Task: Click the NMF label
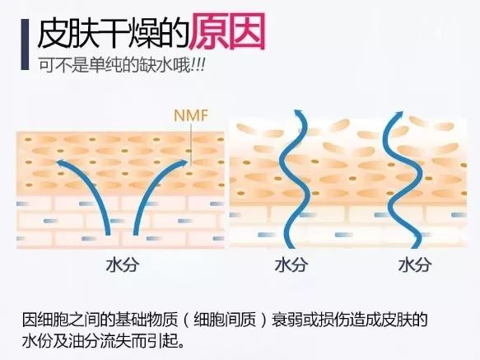[x=191, y=115]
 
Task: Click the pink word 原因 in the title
[x=227, y=31]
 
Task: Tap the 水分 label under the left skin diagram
[x=123, y=265]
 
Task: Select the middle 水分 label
[x=291, y=265]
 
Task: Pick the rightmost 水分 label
[x=415, y=265]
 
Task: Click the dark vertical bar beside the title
[x=25, y=44]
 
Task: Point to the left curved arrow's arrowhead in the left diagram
[x=61, y=162]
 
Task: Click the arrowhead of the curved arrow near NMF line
[x=183, y=162]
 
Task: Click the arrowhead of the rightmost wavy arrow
[x=398, y=115]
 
